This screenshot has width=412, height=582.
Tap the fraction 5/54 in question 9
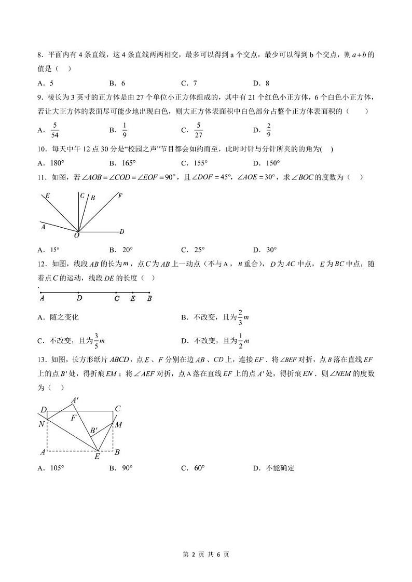click(56, 130)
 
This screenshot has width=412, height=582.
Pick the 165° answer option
click(122, 163)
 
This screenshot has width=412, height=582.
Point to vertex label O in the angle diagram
click(77, 235)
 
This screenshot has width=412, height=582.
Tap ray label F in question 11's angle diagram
click(120, 196)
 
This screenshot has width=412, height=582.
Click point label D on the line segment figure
click(79, 299)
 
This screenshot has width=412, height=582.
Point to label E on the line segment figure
click(133, 299)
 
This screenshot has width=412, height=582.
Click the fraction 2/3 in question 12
click(240, 317)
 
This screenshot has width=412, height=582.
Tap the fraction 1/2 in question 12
click(240, 341)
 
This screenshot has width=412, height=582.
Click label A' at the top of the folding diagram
click(75, 400)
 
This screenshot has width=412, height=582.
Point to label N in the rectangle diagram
click(42, 424)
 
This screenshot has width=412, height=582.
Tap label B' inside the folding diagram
click(93, 431)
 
